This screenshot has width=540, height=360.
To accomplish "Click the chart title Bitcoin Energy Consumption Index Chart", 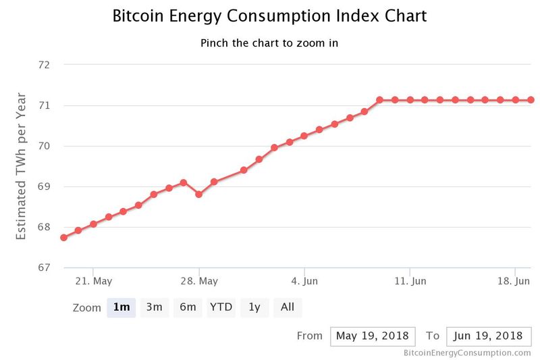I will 269,16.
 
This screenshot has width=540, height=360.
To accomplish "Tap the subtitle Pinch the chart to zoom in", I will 269,43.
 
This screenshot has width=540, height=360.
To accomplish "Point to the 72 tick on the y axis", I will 45,65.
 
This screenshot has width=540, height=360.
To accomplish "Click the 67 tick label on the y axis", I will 45,267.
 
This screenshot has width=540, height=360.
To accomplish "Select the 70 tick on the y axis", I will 45,146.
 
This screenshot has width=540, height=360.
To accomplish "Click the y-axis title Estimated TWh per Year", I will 22,166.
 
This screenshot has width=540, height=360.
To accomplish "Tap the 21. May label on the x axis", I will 93,280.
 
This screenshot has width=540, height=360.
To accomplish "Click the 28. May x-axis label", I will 199,280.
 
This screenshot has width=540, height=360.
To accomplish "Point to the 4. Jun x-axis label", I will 305,280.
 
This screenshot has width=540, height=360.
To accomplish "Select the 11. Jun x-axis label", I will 410,280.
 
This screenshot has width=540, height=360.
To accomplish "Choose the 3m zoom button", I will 155,307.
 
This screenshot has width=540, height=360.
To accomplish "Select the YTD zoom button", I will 221,307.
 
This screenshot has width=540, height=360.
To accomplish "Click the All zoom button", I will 288,307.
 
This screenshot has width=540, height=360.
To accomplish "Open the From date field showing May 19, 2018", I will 372,336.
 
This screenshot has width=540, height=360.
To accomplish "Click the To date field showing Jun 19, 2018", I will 489,336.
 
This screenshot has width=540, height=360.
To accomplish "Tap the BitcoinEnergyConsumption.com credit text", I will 467,353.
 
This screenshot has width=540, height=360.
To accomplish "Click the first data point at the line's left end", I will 63,237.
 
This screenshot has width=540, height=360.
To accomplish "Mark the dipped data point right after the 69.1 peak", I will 198,194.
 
